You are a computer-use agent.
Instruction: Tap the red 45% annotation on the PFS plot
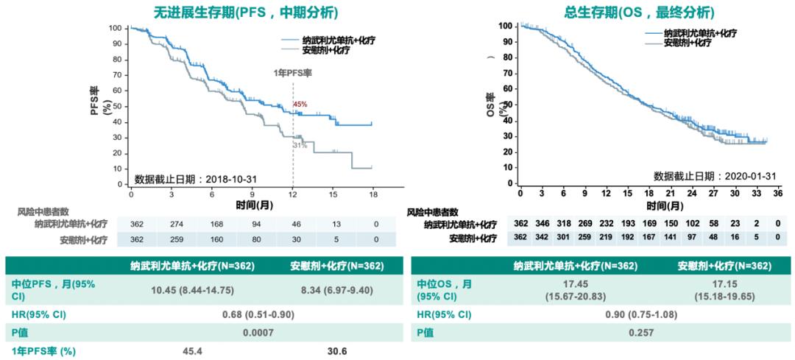300,105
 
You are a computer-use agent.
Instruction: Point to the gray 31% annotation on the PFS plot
300,146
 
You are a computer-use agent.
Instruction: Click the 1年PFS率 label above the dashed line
292,74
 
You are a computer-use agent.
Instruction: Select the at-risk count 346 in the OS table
542,224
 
